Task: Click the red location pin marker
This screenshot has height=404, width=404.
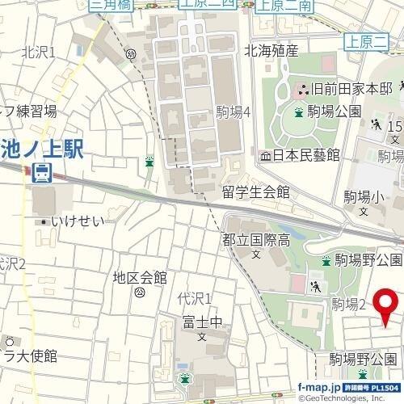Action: [384, 305]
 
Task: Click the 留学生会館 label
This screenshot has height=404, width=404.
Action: [256, 192]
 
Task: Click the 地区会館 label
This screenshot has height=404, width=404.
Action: [140, 277]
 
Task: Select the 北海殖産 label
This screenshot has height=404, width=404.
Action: [271, 51]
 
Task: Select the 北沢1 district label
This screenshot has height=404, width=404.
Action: [39, 53]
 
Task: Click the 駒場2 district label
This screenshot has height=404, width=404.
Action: [349, 304]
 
